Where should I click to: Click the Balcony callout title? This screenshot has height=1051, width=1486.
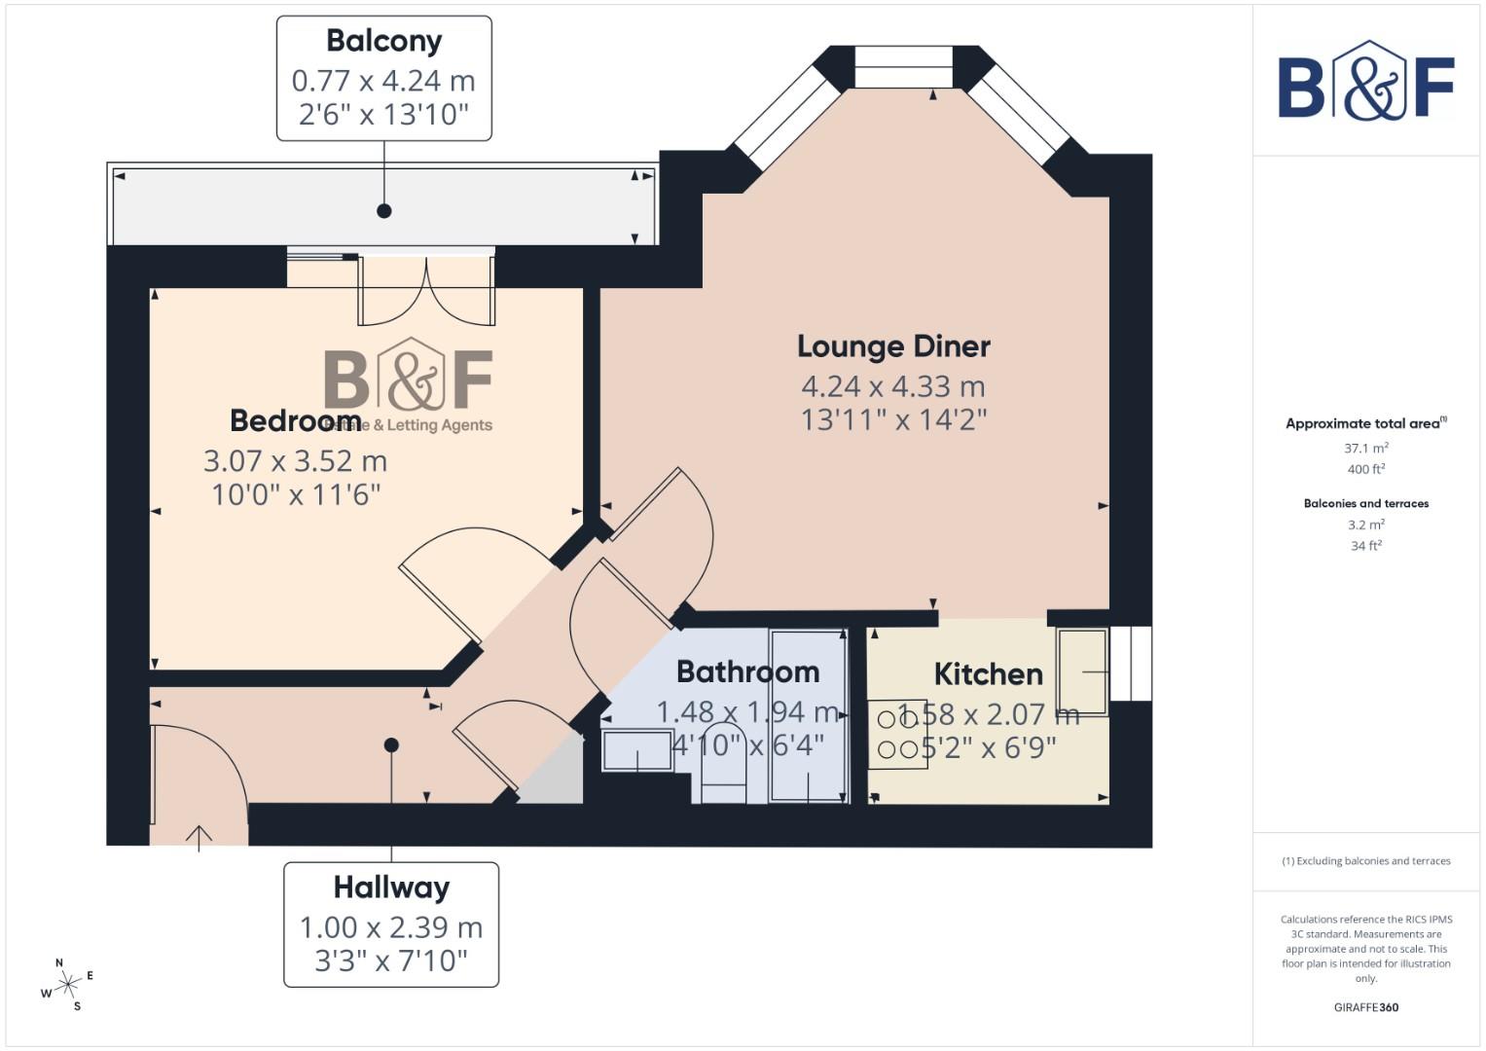click(383, 41)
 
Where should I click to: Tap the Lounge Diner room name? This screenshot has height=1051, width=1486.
click(893, 346)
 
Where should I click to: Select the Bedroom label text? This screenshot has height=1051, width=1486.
click(295, 420)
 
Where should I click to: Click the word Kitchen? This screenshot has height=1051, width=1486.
click(988, 673)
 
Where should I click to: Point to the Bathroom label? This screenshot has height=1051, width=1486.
click(747, 671)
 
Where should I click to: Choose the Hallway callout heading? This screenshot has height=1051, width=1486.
click(391, 888)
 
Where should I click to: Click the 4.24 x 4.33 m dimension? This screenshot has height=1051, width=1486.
click(893, 386)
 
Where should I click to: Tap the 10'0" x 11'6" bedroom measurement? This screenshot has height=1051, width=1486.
click(296, 494)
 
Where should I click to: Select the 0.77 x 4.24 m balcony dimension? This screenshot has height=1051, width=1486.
click(383, 81)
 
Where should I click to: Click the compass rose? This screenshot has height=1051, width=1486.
click(67, 986)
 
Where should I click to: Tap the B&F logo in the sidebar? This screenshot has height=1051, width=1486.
click(1366, 83)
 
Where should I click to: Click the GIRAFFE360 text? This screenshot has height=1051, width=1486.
click(1365, 1007)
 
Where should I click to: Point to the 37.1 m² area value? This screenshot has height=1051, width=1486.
click(1365, 449)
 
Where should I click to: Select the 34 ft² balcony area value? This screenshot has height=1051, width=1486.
click(1365, 546)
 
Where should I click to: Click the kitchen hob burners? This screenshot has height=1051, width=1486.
click(897, 735)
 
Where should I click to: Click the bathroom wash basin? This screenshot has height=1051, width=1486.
click(637, 750)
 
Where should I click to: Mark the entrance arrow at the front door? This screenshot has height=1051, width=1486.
click(199, 836)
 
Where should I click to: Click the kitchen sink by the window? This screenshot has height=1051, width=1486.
click(1082, 671)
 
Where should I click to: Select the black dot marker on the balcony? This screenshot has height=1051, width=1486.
click(384, 210)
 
